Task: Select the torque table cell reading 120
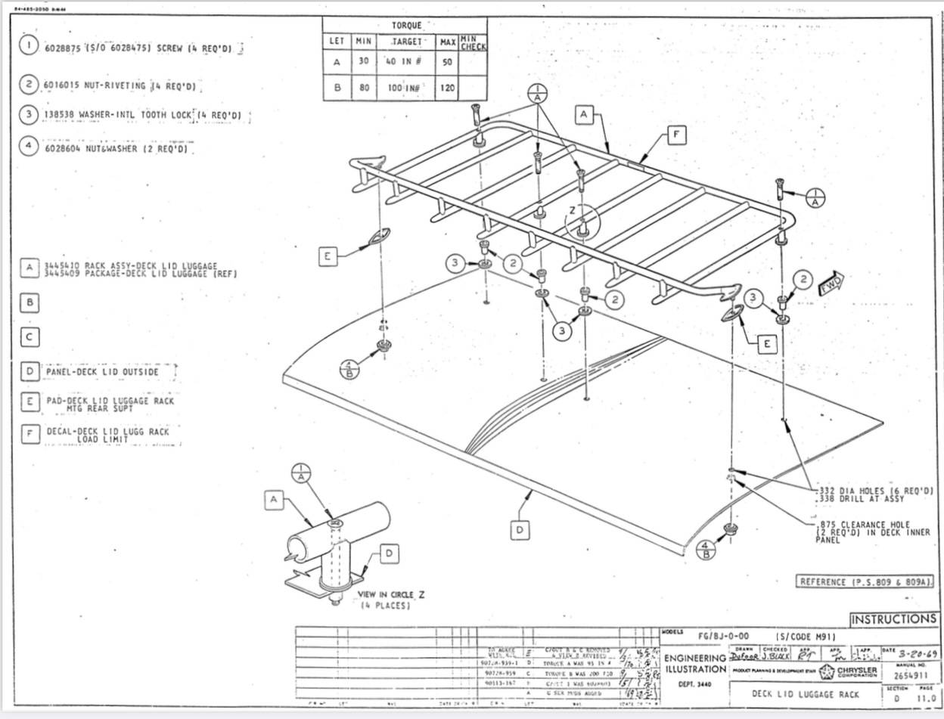pyautogui.click(x=447, y=88)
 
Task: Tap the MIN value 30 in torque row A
pyautogui.click(x=364, y=62)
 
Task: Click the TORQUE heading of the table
pyautogui.click(x=406, y=25)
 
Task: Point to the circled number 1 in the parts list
pyautogui.click(x=29, y=46)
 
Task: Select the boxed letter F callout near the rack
pyautogui.click(x=677, y=136)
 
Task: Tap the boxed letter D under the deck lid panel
pyautogui.click(x=520, y=531)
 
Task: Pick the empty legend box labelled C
pyautogui.click(x=29, y=337)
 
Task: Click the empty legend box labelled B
pyautogui.click(x=29, y=302)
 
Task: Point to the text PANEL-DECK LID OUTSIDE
pyautogui.click(x=103, y=372)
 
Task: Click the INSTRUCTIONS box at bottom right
pyautogui.click(x=894, y=619)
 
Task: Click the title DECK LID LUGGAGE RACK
pyautogui.click(x=805, y=694)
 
